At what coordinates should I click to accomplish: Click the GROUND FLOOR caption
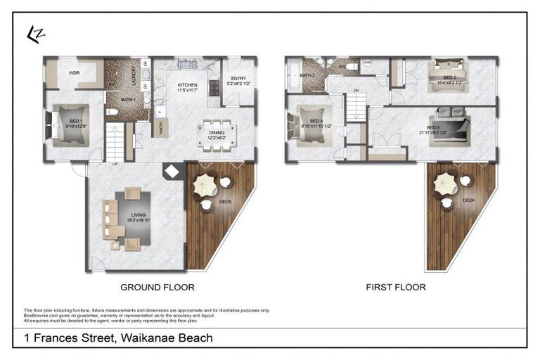[157, 287]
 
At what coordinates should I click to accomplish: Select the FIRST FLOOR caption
[396, 287]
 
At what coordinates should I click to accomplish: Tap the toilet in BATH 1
[113, 112]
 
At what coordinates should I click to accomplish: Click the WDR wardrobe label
[73, 72]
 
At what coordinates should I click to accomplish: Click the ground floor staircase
[114, 141]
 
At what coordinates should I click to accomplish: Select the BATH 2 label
[307, 75]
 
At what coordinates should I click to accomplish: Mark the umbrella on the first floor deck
[445, 184]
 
